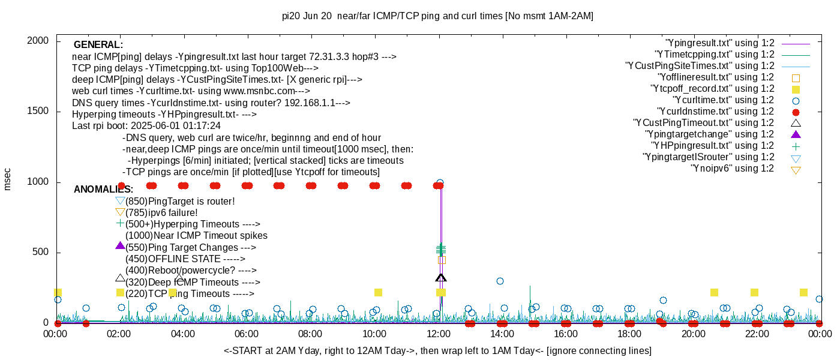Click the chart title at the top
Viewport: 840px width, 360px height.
tap(437, 16)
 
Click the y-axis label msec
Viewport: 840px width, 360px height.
tap(8, 179)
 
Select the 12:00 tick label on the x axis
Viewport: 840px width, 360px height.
tap(438, 334)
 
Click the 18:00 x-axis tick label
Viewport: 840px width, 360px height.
tap(629, 334)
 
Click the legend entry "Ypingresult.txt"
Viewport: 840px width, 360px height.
tap(720, 43)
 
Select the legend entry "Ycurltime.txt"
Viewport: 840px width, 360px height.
tap(724, 100)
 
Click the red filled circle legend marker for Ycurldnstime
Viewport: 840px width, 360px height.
tap(796, 112)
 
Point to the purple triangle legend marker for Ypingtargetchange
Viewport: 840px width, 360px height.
tap(796, 134)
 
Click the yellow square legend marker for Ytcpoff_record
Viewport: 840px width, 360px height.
tap(796, 89)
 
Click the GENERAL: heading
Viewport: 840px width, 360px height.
tap(98, 45)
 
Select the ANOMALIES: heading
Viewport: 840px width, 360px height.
tap(103, 190)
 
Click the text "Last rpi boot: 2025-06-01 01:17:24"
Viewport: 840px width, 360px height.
tap(146, 126)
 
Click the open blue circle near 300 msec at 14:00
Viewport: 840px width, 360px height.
tap(500, 281)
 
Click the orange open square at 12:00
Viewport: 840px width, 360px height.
tap(442, 260)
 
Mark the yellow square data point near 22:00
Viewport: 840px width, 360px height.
tap(754, 293)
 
